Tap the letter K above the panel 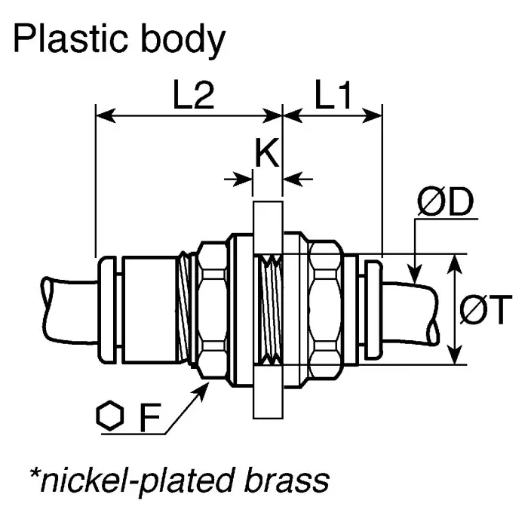click(x=266, y=153)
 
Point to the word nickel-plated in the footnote click(x=134, y=480)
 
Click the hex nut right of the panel click(x=325, y=310)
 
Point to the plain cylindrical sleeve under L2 click(x=147, y=310)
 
